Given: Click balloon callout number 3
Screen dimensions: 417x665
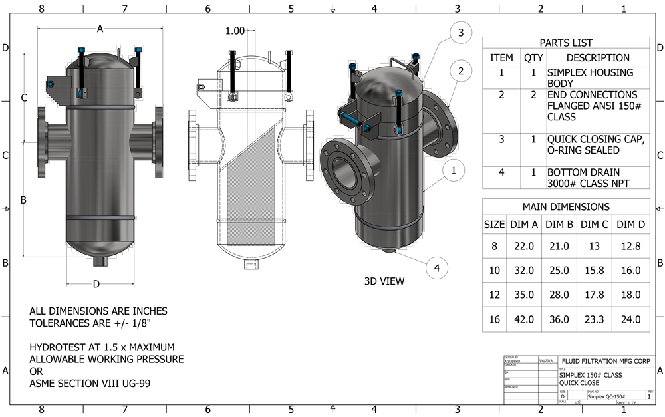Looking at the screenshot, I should click(x=460, y=32).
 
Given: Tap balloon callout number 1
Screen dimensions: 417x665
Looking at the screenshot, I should click(x=453, y=171).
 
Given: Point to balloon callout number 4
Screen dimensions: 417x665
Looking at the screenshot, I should click(x=437, y=268).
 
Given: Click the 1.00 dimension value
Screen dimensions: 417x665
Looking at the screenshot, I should click(x=235, y=31).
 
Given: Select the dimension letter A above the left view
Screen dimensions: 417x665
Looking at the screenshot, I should click(x=100, y=29).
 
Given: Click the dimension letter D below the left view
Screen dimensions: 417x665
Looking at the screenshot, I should click(x=96, y=285).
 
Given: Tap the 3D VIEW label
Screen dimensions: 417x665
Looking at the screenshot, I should click(x=384, y=281).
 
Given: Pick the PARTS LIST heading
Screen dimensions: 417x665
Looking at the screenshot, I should click(x=566, y=43).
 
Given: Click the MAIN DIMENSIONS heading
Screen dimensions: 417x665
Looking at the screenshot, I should click(x=566, y=207).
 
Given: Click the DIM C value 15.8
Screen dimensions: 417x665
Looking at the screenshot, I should click(x=595, y=271).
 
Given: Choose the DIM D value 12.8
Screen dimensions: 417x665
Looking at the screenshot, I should click(x=630, y=246).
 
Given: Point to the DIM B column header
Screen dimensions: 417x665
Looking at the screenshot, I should click(x=559, y=225).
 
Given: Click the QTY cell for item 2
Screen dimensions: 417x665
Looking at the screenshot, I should click(x=533, y=95).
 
